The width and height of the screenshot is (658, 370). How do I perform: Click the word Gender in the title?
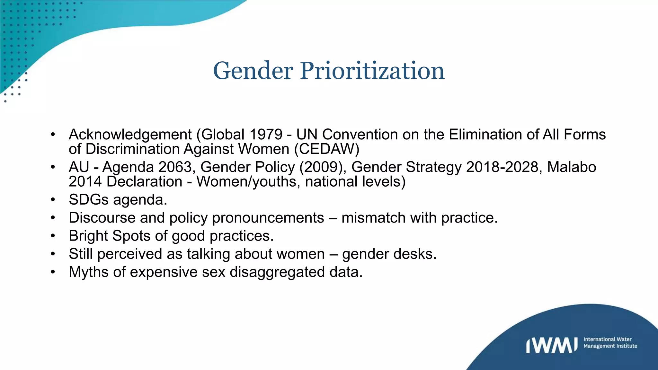253,71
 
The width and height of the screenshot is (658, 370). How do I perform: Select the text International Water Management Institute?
610,343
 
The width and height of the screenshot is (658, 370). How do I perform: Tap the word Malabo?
572,167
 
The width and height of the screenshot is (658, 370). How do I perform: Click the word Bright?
88,236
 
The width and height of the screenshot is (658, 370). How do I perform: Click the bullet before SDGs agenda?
53,200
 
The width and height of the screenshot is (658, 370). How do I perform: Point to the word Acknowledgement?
130,135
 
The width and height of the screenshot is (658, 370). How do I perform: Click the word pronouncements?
268,218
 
